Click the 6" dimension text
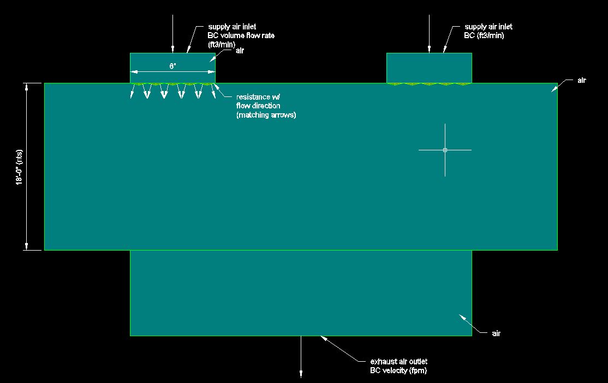pos(172,66)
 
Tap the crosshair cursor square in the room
pos(445,150)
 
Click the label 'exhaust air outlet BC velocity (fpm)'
pos(398,366)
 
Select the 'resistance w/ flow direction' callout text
pos(266,106)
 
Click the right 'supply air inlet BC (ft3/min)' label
pos(488,31)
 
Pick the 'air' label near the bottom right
pos(495,333)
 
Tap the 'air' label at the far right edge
pos(581,81)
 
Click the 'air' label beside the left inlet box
pos(240,51)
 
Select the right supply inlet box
pos(429,68)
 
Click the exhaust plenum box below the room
pos(301,293)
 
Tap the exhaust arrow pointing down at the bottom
pos(301,360)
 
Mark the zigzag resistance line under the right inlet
pos(429,84)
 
